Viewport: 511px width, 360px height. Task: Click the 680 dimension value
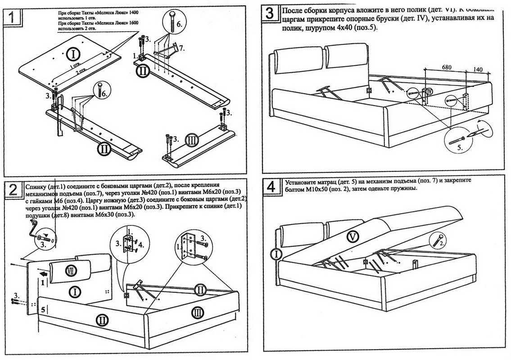(446, 67)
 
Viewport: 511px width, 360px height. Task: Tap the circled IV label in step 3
(429, 92)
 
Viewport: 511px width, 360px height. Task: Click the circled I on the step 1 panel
(73, 55)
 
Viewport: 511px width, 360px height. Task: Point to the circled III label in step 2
(198, 311)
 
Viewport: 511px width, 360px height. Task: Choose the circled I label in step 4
(277, 255)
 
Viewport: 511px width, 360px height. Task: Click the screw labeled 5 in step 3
(456, 138)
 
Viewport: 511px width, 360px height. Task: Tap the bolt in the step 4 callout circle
(438, 240)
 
